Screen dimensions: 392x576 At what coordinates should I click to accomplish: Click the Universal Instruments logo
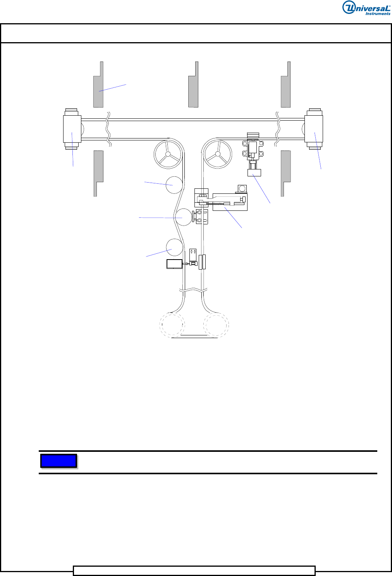point(366,8)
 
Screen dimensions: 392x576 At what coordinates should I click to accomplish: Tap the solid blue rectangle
point(59,461)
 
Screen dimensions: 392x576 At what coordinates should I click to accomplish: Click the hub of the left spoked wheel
point(168,154)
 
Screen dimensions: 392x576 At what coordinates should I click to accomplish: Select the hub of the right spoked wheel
point(218,154)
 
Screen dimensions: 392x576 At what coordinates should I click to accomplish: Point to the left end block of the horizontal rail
point(72,129)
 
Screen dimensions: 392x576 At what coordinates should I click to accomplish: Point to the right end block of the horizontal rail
point(314,129)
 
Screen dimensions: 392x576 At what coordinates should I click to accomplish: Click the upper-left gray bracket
point(98,84)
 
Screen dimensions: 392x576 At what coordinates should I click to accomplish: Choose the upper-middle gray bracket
point(193,84)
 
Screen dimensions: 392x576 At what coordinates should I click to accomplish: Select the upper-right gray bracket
point(285,84)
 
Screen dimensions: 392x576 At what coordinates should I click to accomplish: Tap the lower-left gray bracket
point(98,174)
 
